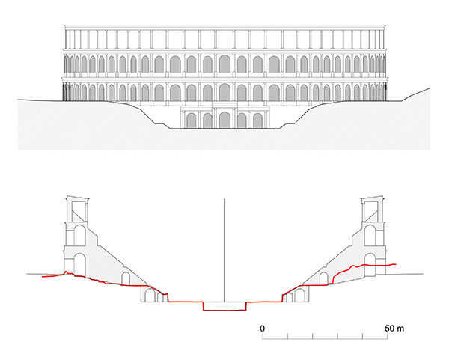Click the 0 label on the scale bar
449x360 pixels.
click(263, 329)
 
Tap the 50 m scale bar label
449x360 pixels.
click(394, 329)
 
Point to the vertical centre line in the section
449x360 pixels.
click(224, 250)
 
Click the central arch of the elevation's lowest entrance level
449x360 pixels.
click(224, 120)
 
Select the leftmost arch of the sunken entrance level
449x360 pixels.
click(192, 120)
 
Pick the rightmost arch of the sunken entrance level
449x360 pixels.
click(257, 120)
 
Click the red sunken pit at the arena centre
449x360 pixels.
click(224, 306)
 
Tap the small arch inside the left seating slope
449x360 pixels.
click(126, 278)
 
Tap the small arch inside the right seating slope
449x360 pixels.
click(323, 278)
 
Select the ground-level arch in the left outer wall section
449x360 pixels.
click(79, 264)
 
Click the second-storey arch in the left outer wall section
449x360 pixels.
click(79, 235)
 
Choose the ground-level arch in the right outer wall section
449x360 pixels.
click(370, 265)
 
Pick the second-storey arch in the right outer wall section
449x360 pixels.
click(370, 235)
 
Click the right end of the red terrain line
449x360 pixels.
click(396, 264)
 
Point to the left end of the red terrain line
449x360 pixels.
click(43, 277)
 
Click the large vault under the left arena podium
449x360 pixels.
click(150, 296)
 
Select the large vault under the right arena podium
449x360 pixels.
click(299, 296)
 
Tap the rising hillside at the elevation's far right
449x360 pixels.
click(415, 94)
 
